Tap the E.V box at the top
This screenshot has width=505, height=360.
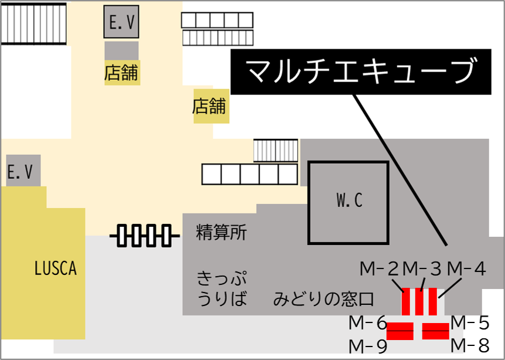(122, 22)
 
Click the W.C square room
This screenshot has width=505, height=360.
(349, 202)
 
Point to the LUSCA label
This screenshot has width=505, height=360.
(56, 269)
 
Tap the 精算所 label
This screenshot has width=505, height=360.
(221, 233)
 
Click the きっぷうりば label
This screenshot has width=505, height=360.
(221, 287)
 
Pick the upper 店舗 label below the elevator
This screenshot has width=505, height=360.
(122, 73)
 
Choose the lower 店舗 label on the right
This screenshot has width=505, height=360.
(209, 106)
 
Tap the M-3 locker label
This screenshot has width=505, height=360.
(421, 269)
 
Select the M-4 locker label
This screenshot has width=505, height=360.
(466, 269)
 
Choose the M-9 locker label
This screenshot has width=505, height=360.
(368, 345)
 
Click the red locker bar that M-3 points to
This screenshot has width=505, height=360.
(420, 301)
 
